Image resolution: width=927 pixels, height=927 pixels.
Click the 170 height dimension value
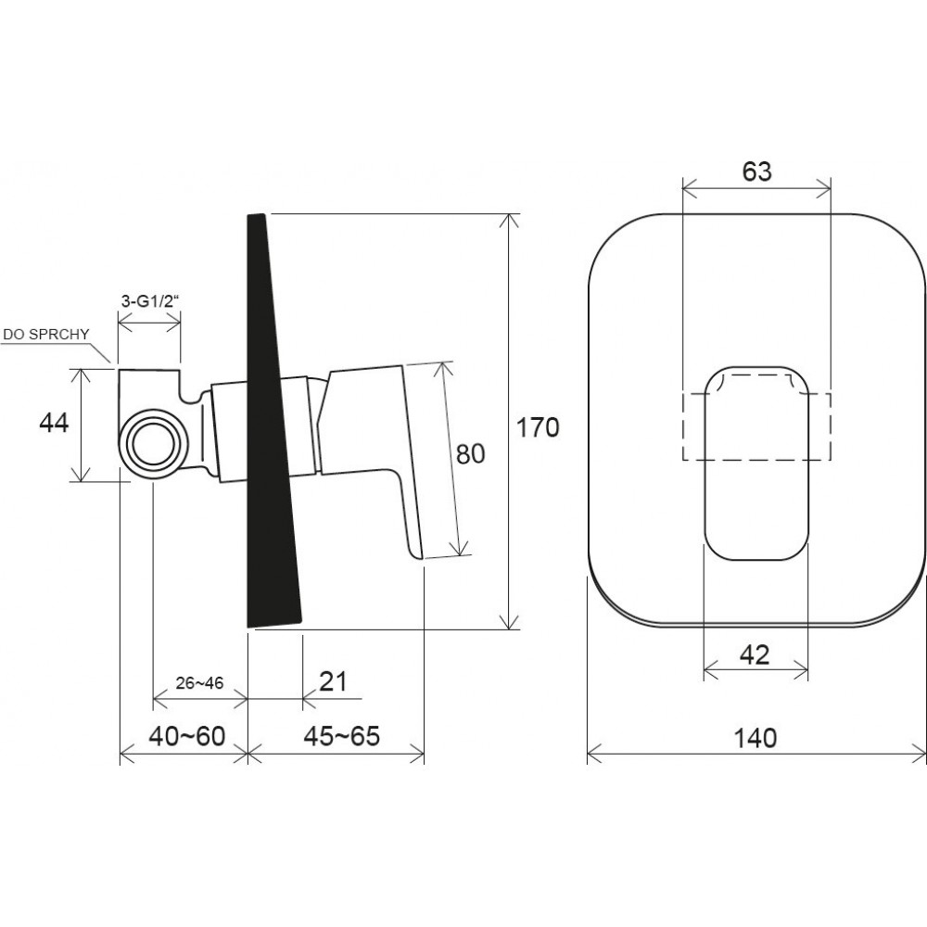point(538,426)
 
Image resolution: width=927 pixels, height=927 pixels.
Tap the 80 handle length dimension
point(471,453)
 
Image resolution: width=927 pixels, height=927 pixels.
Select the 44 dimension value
point(54,423)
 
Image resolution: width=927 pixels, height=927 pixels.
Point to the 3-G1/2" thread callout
point(149,301)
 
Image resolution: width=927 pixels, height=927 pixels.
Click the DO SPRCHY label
point(46,334)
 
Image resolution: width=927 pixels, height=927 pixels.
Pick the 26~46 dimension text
point(199,683)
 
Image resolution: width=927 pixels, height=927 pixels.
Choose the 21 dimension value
point(333,681)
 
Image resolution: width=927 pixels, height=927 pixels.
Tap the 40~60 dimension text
point(187,737)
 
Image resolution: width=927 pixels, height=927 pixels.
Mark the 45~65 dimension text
point(342,737)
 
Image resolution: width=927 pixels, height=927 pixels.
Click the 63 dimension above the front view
point(756,171)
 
